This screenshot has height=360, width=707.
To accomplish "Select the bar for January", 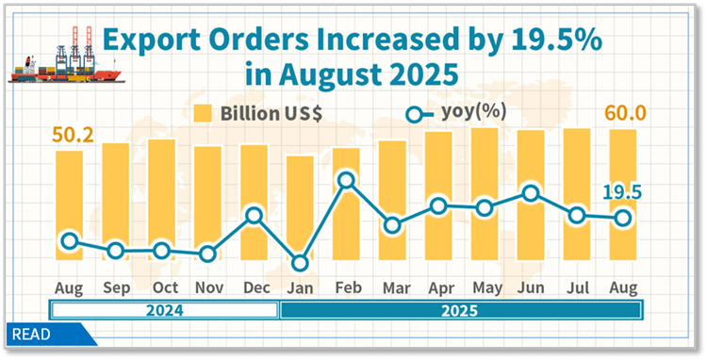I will click(300, 212).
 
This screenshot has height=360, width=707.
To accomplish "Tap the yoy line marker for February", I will click(346, 179).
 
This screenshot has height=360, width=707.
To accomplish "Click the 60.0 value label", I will click(624, 114).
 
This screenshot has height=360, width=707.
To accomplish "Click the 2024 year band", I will click(164, 310).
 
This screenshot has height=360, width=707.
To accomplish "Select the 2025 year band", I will click(460, 310).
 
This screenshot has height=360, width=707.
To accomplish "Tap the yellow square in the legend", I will click(202, 114).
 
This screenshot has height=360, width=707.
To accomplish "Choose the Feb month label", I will click(346, 286).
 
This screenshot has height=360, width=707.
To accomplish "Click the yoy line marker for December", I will click(254, 216).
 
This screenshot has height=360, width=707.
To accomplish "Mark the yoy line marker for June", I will click(531, 193).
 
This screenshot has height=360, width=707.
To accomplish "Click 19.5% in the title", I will click(552, 41).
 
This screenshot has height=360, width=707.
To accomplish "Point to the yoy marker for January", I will click(300, 263).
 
